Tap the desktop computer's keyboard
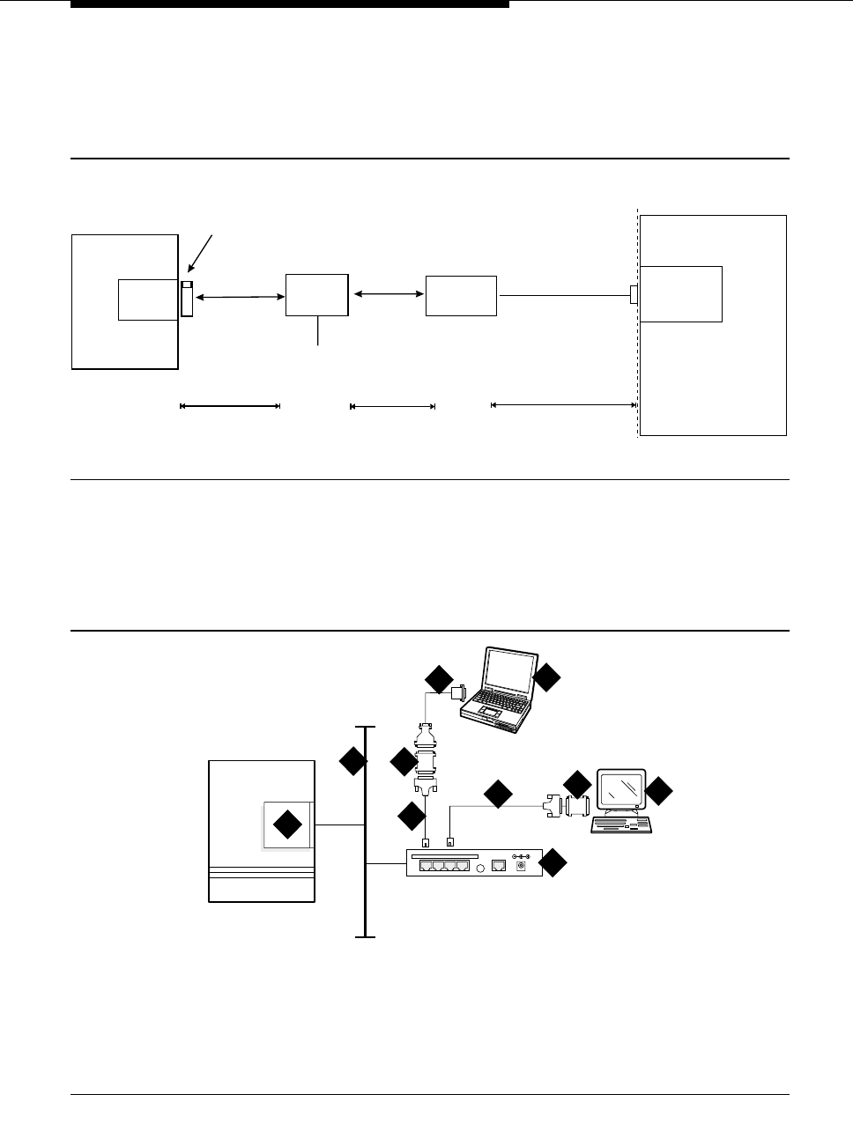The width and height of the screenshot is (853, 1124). point(620,825)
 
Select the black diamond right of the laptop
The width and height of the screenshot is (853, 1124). point(546,677)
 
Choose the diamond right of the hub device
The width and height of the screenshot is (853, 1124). point(553,863)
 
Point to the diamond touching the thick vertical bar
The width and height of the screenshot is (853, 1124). point(353,762)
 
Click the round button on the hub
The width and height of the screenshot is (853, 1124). point(481,867)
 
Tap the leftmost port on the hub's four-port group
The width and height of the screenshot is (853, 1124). point(426,867)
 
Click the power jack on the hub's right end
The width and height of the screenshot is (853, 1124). point(521,867)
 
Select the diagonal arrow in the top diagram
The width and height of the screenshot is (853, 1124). point(200,255)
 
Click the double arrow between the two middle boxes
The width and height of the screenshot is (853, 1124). point(388,295)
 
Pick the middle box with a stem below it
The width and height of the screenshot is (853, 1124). point(316,295)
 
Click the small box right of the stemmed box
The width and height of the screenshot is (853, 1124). point(461,295)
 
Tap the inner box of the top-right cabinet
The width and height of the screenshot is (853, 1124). point(681,293)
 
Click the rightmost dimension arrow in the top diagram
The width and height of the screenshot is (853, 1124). point(564,405)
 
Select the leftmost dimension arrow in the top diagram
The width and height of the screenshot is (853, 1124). point(230,406)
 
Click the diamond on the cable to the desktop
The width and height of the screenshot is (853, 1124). point(498,795)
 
